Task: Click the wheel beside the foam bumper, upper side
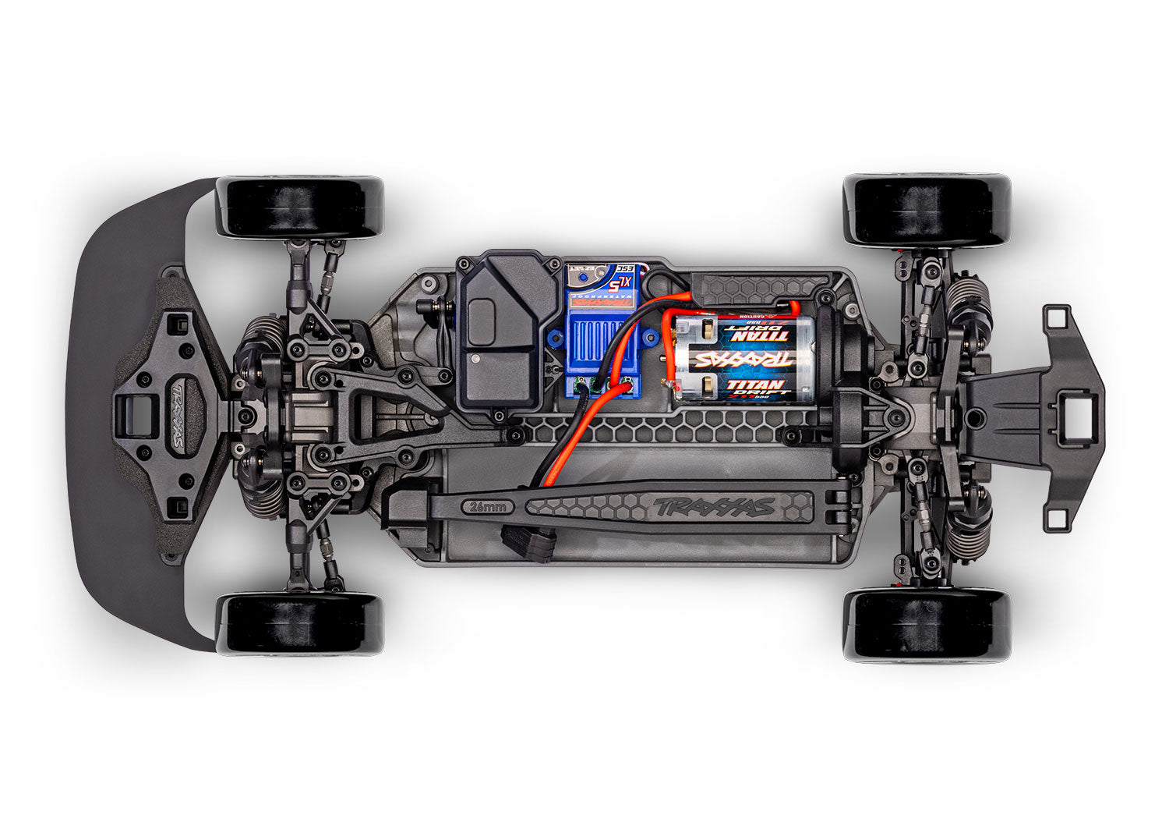300,207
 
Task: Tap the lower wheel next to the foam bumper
300,623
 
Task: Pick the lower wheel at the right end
927,625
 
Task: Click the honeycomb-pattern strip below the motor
670,428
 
